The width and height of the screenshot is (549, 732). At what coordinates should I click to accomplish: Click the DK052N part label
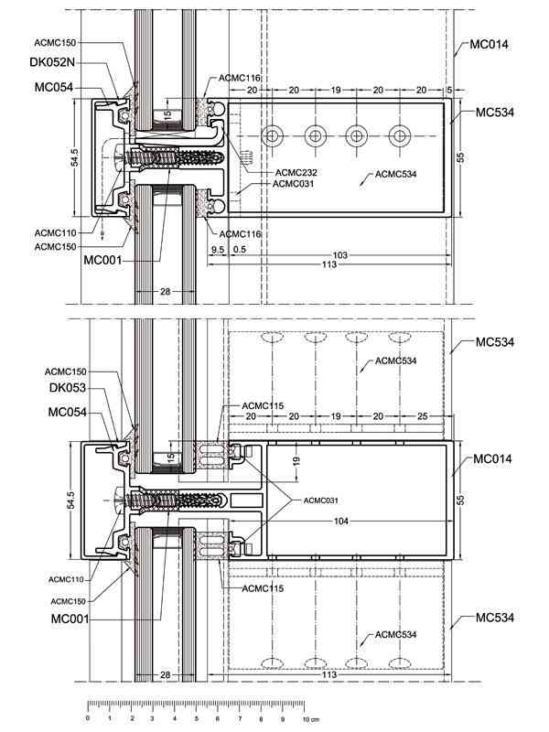tap(52, 62)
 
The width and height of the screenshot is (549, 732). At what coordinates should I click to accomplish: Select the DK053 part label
tap(68, 387)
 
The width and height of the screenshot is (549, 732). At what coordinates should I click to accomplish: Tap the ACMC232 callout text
tap(296, 172)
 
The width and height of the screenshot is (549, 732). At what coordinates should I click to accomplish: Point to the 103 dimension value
tap(339, 255)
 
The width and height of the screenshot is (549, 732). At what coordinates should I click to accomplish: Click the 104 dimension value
tap(341, 521)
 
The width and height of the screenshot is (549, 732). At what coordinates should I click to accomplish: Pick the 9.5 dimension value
tap(218, 249)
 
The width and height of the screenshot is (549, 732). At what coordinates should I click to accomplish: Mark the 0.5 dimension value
tap(240, 249)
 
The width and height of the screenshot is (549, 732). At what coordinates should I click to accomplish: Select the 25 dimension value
tap(422, 415)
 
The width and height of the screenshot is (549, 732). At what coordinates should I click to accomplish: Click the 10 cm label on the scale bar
tap(310, 719)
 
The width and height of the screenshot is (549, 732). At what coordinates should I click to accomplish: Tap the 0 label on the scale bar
tap(88, 718)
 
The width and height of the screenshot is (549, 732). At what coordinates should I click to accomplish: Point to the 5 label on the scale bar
tap(197, 718)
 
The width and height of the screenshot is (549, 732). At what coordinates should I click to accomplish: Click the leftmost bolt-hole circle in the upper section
tap(272, 135)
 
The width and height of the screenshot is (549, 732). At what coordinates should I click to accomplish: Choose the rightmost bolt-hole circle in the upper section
tap(400, 135)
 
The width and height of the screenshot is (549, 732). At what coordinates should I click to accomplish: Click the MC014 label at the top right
tap(489, 44)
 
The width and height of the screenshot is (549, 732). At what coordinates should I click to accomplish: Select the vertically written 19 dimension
tap(296, 461)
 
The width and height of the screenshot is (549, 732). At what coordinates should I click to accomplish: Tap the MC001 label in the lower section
tap(70, 619)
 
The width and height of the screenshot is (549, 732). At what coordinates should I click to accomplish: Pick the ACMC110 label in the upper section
tap(55, 232)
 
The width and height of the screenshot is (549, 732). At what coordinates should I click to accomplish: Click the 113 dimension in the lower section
tap(329, 674)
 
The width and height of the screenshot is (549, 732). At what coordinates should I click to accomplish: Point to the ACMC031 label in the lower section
tap(321, 501)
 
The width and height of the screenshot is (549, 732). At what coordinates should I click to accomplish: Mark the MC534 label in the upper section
tap(495, 112)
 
